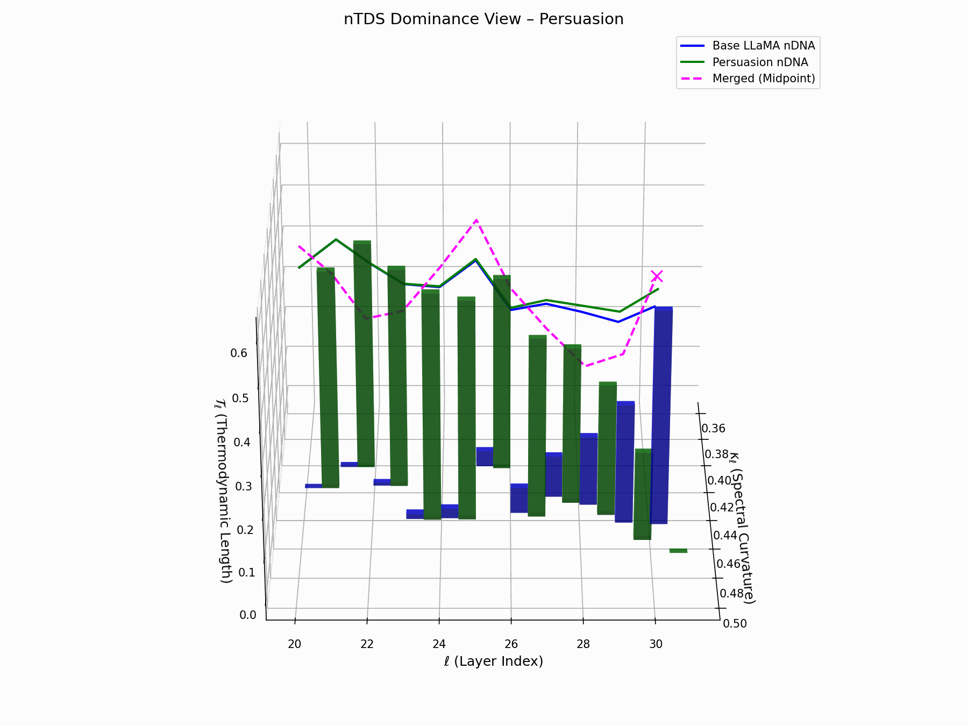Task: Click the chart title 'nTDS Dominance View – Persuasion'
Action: (483, 19)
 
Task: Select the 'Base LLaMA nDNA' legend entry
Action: (763, 46)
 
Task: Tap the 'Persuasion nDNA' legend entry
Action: (759, 62)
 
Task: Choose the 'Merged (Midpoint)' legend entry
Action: (763, 79)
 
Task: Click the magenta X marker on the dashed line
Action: (657, 276)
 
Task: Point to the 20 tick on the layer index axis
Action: (294, 644)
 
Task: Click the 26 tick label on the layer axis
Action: (511, 644)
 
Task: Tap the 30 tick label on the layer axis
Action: (656, 644)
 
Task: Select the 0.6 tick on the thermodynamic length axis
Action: (239, 353)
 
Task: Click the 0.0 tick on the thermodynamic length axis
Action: (248, 615)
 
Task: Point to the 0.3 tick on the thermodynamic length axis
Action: (244, 487)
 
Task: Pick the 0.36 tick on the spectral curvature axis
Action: (713, 429)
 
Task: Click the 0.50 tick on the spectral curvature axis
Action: (735, 623)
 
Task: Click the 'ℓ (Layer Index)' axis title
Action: (493, 661)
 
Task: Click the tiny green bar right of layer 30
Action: (678, 551)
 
